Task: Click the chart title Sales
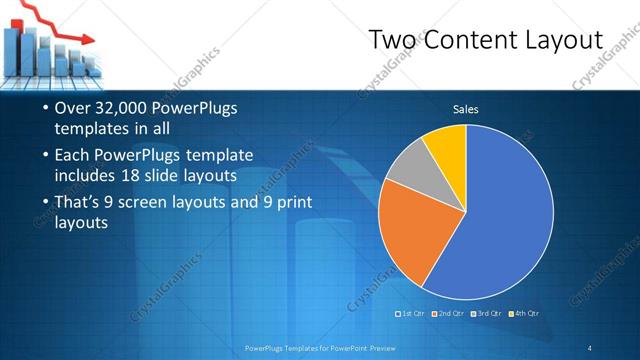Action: coord(465,109)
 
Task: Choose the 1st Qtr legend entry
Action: coord(412,314)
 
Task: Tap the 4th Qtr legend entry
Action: coord(525,314)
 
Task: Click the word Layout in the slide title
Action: coord(564,40)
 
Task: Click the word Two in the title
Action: coord(389,40)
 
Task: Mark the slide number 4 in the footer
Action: coord(590,347)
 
